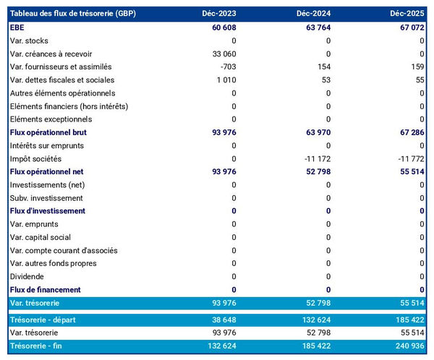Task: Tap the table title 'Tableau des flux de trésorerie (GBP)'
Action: click(x=73, y=14)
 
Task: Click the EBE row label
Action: click(x=17, y=27)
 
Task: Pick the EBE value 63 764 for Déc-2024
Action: click(x=314, y=27)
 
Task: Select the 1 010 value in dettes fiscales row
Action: click(x=224, y=80)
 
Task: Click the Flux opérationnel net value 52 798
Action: click(x=314, y=171)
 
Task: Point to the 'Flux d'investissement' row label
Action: click(x=48, y=211)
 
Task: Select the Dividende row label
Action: click(x=27, y=276)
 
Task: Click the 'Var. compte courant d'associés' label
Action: click(x=63, y=250)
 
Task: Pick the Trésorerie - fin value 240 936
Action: click(x=407, y=346)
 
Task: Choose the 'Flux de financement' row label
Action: click(x=46, y=289)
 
